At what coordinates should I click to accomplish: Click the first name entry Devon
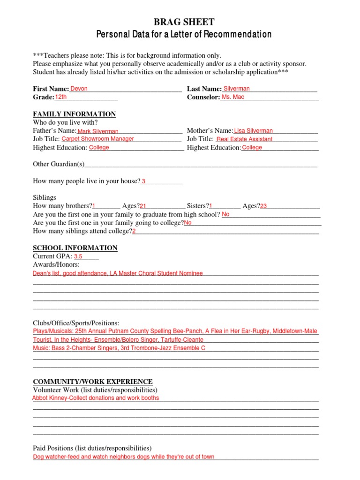(79, 89)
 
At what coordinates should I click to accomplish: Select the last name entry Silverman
(237, 89)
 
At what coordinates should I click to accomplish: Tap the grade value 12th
(61, 97)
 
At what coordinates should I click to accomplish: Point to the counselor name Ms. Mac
(232, 97)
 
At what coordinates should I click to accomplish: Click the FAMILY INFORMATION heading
(74, 114)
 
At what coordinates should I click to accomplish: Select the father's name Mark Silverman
(98, 132)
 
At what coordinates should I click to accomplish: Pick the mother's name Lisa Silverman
(253, 131)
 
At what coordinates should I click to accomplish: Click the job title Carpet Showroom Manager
(98, 139)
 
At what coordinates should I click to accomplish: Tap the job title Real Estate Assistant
(244, 139)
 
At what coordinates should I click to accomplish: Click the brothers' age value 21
(143, 206)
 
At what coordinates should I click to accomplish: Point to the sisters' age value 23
(263, 206)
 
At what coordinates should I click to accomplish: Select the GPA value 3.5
(78, 256)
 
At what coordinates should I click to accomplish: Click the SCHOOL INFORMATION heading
(75, 248)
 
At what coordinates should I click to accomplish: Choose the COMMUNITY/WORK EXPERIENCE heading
(92, 382)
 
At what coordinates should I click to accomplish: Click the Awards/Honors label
(56, 265)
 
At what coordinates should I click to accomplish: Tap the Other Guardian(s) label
(59, 164)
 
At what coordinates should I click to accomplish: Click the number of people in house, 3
(143, 181)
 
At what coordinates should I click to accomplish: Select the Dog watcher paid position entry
(124, 457)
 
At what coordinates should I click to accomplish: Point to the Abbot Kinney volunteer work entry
(96, 398)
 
